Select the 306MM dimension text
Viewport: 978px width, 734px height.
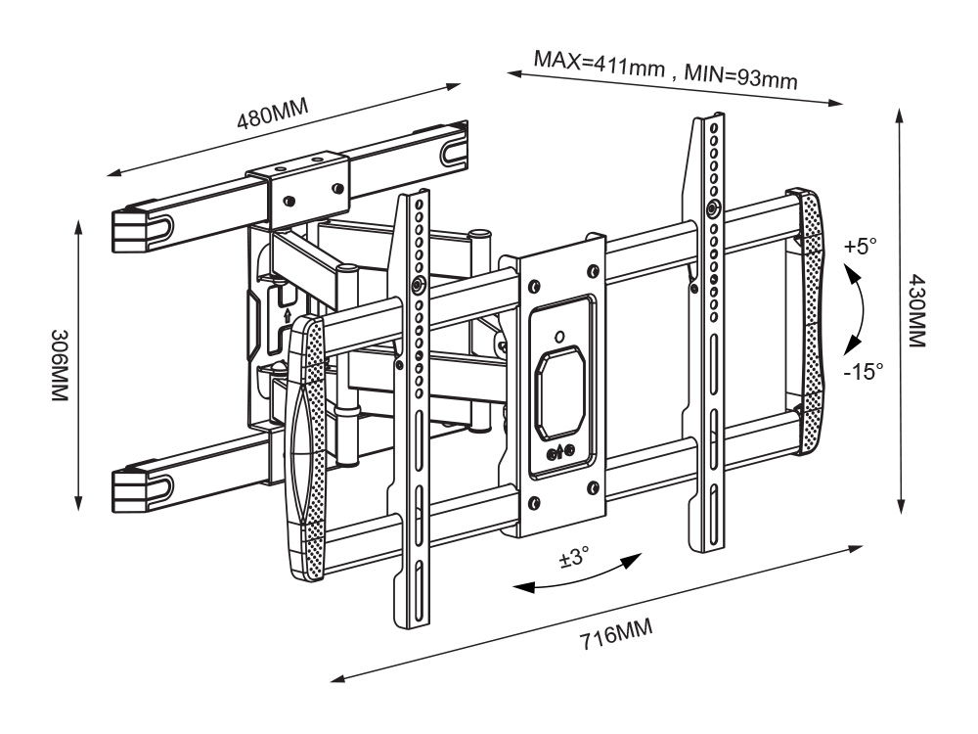point(61,362)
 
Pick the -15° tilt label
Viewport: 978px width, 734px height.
point(862,370)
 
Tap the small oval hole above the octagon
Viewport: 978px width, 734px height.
point(558,336)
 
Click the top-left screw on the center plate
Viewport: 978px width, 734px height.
point(532,286)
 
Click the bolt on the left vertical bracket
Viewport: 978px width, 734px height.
point(419,285)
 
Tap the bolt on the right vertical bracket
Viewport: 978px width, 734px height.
point(712,207)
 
